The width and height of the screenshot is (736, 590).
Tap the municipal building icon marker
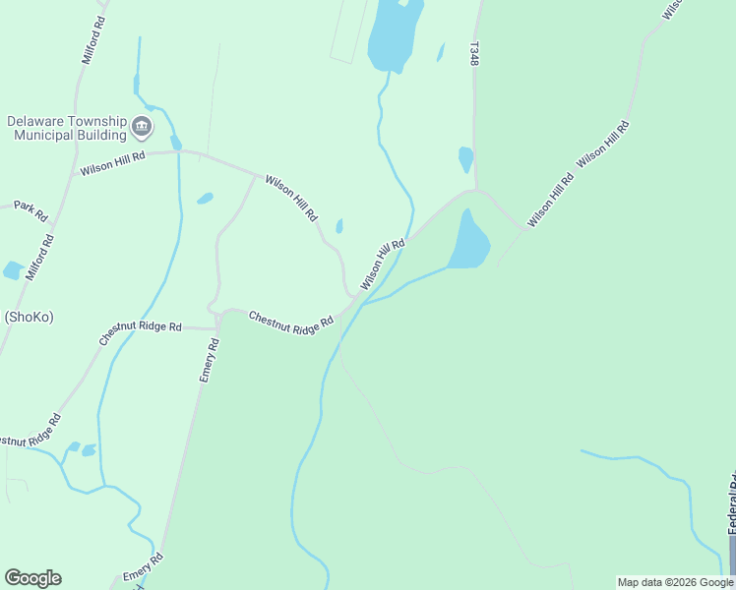pyautogui.click(x=142, y=128)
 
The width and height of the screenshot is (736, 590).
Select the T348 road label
pyautogui.click(x=474, y=54)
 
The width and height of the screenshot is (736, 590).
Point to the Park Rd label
pyautogui.click(x=31, y=210)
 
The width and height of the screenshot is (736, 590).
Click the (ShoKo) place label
pyautogui.click(x=28, y=317)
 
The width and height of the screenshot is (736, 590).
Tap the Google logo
pyautogui.click(x=32, y=578)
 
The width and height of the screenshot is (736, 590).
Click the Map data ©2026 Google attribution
pyautogui.click(x=675, y=582)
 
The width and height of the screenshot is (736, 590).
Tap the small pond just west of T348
pyautogui.click(x=465, y=157)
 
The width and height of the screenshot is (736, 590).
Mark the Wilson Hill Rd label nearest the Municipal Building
pyautogui.click(x=113, y=162)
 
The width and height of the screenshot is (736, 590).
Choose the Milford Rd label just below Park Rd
pyautogui.click(x=40, y=258)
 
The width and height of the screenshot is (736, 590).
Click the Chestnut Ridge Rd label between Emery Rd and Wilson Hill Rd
pyautogui.click(x=291, y=323)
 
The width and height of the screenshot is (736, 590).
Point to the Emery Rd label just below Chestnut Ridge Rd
pyautogui.click(x=210, y=360)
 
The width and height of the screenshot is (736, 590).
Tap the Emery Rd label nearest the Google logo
pyautogui.click(x=142, y=571)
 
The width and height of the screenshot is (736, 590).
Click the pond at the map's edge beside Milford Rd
pyautogui.click(x=12, y=270)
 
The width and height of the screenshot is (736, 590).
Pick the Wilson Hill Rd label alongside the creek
pyautogui.click(x=383, y=265)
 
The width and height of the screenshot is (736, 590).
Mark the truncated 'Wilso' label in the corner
pyautogui.click(x=672, y=9)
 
